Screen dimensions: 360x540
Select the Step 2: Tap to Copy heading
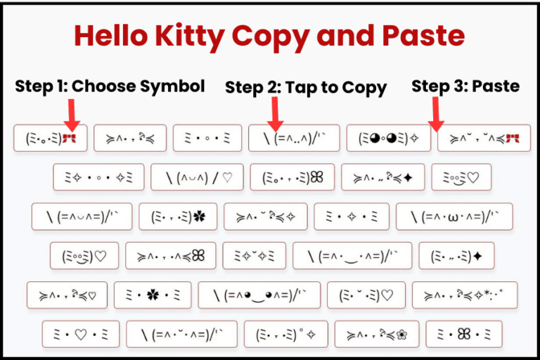click(305, 88)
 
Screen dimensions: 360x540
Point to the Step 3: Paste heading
click(465, 86)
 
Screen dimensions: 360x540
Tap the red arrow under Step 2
click(275, 112)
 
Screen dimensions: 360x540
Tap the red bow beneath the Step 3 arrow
click(512, 139)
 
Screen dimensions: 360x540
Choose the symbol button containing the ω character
click(454, 217)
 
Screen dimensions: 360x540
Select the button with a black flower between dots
click(152, 295)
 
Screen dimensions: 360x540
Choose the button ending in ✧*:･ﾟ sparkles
click(465, 295)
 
